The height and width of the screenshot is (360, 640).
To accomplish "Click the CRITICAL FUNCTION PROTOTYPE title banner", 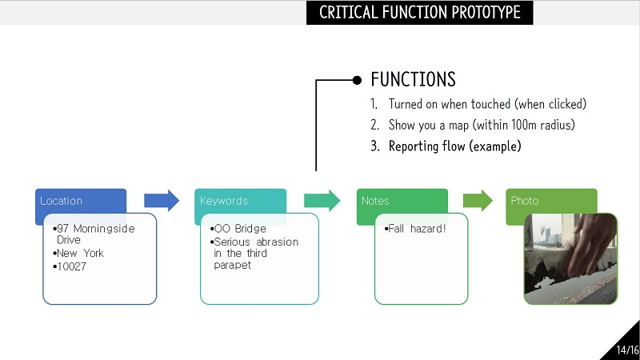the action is click(x=419, y=12).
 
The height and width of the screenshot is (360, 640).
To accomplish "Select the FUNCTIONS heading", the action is click(x=413, y=79).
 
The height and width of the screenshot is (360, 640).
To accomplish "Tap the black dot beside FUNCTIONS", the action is click(x=357, y=80).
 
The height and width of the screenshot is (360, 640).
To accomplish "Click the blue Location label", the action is click(x=62, y=201).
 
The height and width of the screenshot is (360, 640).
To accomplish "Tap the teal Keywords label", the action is click(x=224, y=201).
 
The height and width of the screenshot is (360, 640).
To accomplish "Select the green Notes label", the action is click(x=375, y=201).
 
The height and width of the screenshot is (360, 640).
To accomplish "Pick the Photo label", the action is click(x=525, y=201).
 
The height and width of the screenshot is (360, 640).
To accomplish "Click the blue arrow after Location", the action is click(x=162, y=201).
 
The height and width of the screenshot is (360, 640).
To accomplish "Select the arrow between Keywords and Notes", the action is click(x=322, y=201).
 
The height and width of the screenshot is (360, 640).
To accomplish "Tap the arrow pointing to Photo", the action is click(x=478, y=201).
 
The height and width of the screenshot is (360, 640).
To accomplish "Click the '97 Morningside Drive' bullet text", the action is click(x=94, y=234).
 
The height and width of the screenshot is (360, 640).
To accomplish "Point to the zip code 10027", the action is click(x=70, y=266).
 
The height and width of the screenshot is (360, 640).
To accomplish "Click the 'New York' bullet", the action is click(x=78, y=253).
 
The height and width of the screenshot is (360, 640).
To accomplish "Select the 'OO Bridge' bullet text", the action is click(x=238, y=229).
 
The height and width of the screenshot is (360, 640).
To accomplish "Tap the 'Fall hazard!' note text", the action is click(x=415, y=229).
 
